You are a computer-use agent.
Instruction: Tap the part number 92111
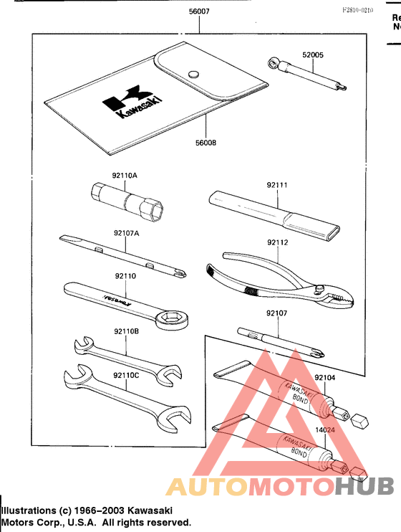click(x=277, y=184)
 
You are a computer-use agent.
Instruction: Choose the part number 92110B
click(x=125, y=331)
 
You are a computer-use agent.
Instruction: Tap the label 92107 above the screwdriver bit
click(x=277, y=313)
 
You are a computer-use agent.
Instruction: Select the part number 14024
click(x=324, y=429)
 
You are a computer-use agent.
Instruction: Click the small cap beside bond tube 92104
click(x=360, y=419)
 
